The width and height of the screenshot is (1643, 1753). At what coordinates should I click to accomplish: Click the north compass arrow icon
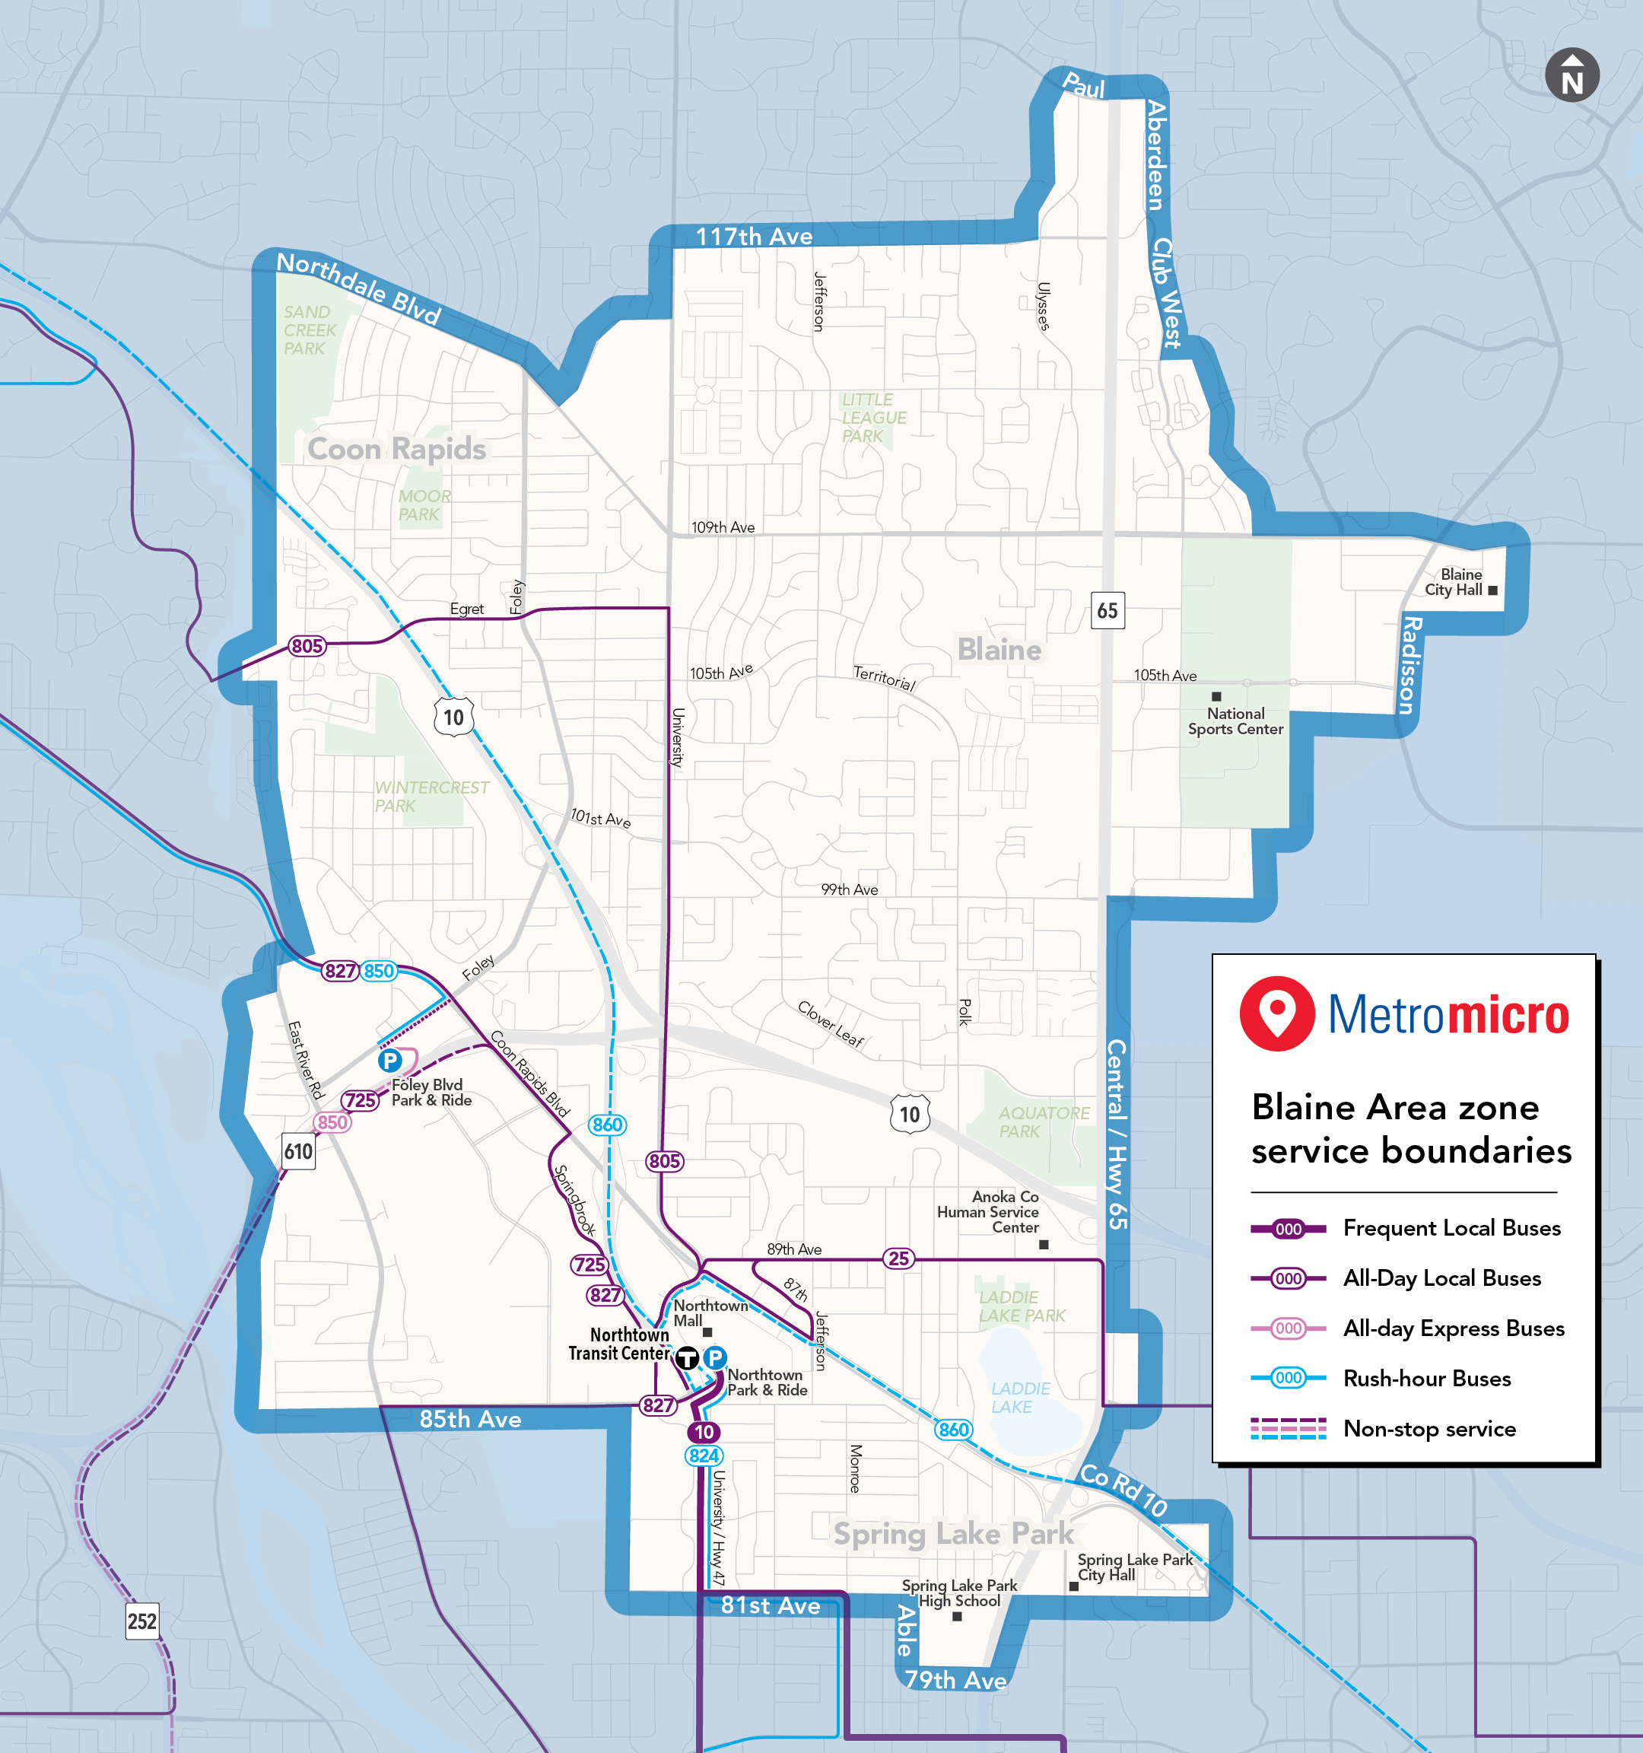pos(1571,75)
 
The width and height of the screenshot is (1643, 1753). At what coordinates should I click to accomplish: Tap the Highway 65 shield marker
pos(1107,610)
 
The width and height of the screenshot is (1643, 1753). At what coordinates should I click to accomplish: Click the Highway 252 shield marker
pos(142,1621)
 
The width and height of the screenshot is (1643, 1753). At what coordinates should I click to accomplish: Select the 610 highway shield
pos(299,1150)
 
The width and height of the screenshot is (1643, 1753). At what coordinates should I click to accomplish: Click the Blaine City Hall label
pos(1454,582)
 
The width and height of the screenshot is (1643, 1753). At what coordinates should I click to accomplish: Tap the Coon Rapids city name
pos(396,449)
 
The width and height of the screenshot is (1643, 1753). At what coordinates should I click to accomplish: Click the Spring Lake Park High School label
pos(959,1592)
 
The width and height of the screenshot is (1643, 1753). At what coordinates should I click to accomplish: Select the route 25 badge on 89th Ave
pos(898,1258)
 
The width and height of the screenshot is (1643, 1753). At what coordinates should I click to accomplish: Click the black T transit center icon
pos(688,1359)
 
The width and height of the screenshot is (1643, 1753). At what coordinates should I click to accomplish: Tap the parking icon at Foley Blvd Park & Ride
pos(389,1060)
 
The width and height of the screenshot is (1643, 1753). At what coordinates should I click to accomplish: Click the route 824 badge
pos(704,1456)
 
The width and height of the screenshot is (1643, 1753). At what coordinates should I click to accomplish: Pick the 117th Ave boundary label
pos(754,237)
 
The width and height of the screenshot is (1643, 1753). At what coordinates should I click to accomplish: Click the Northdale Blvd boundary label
pos(358,288)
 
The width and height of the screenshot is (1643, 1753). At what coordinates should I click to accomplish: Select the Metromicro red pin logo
pos(1277,1012)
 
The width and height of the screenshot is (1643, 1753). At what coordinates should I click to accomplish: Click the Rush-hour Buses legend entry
pos(1426,1378)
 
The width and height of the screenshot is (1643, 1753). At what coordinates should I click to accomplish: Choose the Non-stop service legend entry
pos(1428,1429)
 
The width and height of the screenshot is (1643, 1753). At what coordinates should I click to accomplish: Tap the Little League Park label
pos(872,418)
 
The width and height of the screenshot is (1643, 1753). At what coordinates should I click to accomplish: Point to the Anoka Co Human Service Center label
pos(988,1211)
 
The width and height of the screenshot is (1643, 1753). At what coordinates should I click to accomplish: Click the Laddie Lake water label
pos(1019,1398)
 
